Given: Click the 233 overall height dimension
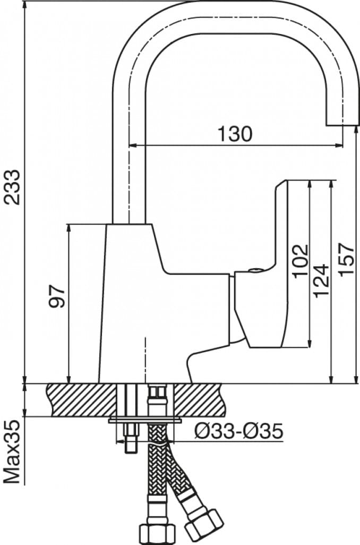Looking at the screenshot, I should (x=12, y=187).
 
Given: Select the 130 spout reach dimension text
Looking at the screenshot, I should (x=234, y=134).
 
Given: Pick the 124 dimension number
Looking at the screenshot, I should (x=321, y=280).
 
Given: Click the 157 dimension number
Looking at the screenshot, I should (x=346, y=259).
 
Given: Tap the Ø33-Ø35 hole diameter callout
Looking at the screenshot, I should (x=238, y=431).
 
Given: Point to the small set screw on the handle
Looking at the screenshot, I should (x=254, y=270).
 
